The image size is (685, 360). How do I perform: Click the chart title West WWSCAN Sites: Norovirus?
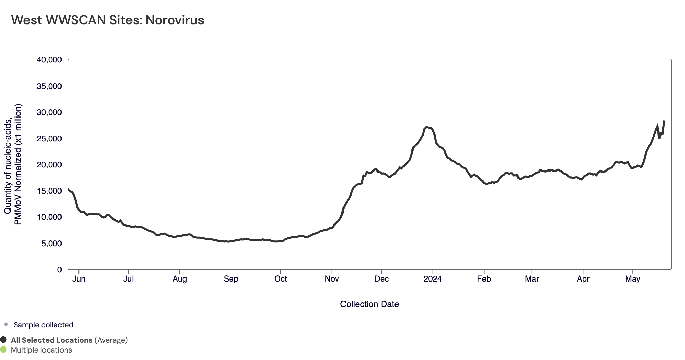pyautogui.click(x=107, y=20)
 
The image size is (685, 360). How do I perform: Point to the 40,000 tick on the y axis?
pyautogui.click(x=49, y=60)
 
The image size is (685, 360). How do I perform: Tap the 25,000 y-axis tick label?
pyautogui.click(x=49, y=139)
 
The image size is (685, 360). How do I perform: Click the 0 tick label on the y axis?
pyautogui.click(x=59, y=270)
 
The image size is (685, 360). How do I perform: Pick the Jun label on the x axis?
pyautogui.click(x=79, y=279)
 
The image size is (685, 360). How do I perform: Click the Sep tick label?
pyautogui.click(x=231, y=279)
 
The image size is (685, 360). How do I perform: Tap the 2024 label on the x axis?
pyautogui.click(x=433, y=279)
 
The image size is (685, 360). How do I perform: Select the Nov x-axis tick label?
pyautogui.click(x=332, y=279)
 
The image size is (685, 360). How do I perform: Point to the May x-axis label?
pyautogui.click(x=633, y=279)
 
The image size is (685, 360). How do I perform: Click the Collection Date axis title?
pyautogui.click(x=369, y=304)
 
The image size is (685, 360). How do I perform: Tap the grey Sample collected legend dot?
pyautogui.click(x=6, y=324)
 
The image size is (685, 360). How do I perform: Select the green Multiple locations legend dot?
pyautogui.click(x=4, y=349)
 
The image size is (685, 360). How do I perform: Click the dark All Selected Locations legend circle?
pyautogui.click(x=4, y=340)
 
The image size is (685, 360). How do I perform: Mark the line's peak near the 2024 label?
pyautogui.click(x=427, y=127)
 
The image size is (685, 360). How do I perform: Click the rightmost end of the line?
pyautogui.click(x=664, y=121)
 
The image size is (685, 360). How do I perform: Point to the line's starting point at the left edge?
pyautogui.click(x=68, y=189)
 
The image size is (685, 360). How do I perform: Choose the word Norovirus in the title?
pyautogui.click(x=175, y=20)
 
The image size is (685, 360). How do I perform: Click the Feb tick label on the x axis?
pyautogui.click(x=484, y=279)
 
